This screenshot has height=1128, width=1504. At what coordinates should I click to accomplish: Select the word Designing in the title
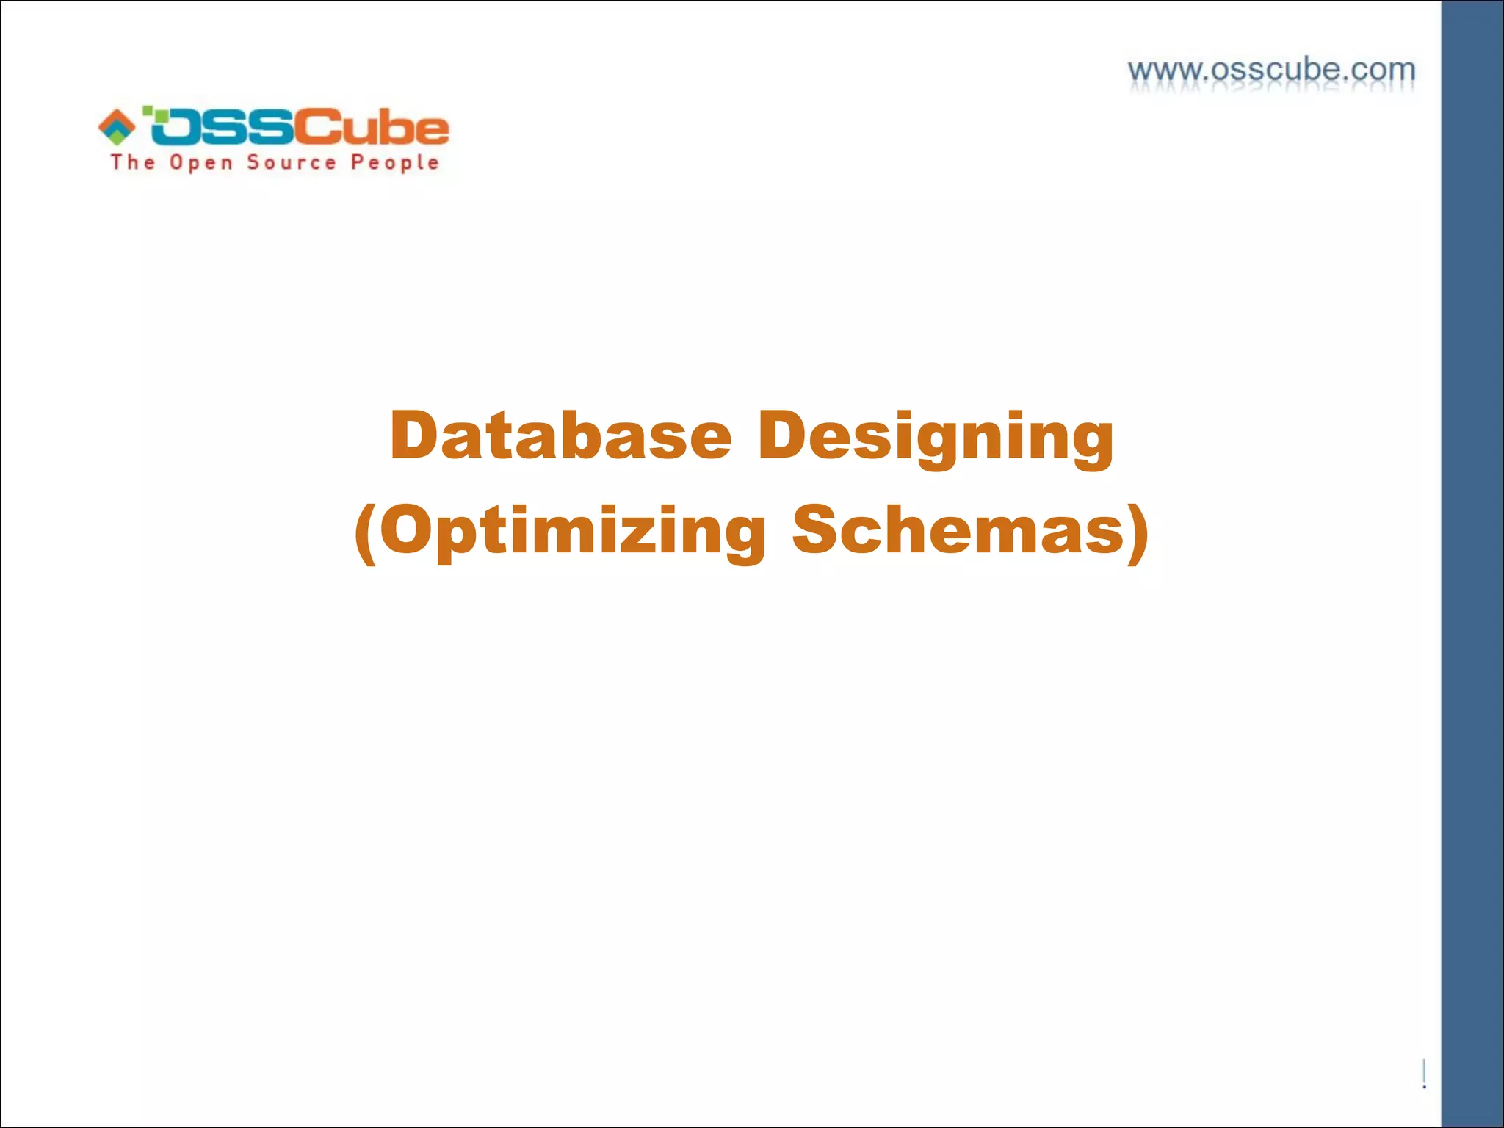936,437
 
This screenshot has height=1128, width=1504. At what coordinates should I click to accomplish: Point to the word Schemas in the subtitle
958,529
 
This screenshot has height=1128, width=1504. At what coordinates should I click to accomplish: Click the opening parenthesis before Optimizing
366,532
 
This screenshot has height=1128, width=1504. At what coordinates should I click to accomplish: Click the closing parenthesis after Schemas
1138,532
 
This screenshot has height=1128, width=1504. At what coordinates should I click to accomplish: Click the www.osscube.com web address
1271,70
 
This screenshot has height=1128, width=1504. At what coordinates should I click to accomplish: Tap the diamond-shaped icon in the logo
117,126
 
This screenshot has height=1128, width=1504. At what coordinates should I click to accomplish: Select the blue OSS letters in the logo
220,128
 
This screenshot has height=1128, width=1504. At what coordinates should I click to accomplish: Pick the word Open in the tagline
200,162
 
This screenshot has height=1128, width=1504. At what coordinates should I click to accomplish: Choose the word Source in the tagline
292,162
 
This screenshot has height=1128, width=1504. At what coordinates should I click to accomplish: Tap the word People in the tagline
394,162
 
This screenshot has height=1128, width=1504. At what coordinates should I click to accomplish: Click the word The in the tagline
133,162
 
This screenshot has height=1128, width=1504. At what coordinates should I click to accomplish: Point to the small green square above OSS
148,110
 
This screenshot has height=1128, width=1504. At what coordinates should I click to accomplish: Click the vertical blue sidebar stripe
1472,564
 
